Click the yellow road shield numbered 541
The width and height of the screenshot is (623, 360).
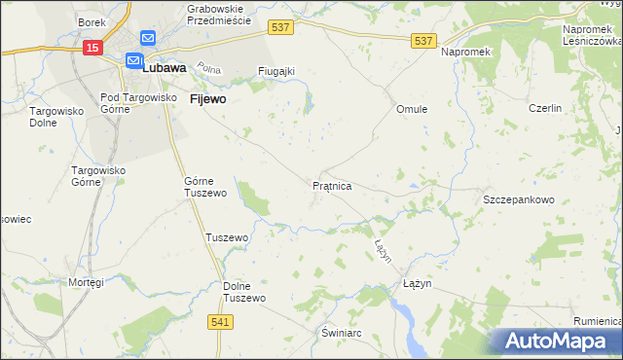(220, 321)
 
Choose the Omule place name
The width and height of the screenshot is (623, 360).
(412, 109)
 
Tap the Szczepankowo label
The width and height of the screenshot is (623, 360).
(519, 199)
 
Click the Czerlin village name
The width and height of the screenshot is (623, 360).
(545, 109)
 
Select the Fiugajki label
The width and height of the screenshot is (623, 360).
(276, 71)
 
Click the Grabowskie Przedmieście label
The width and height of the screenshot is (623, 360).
(218, 14)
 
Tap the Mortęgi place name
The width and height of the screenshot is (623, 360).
(86, 282)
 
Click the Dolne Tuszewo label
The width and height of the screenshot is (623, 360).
(244, 292)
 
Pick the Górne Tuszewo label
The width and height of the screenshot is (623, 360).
(205, 187)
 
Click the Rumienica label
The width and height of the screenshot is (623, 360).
(596, 321)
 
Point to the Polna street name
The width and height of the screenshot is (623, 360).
(208, 68)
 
